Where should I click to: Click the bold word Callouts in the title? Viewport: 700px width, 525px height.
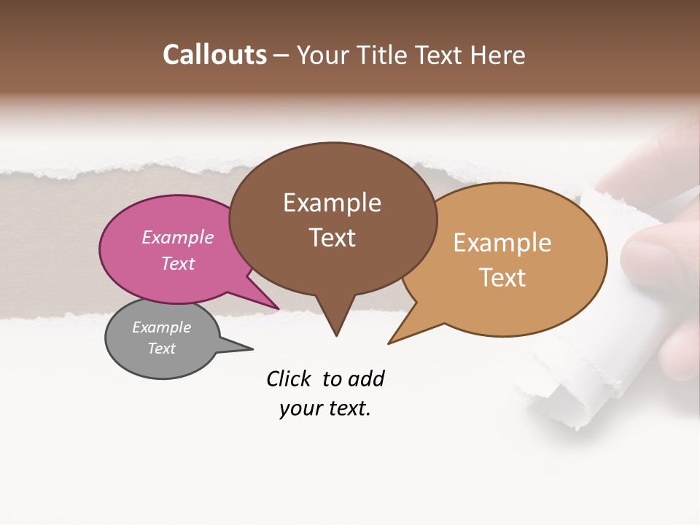(x=214, y=55)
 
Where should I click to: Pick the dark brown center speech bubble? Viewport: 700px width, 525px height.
(x=332, y=219)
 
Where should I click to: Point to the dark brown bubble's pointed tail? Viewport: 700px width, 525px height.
(x=335, y=321)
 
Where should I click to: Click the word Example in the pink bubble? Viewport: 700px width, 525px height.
(x=178, y=237)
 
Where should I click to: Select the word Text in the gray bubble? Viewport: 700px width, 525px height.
(x=162, y=349)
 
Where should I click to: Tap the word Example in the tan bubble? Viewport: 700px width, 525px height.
(x=502, y=243)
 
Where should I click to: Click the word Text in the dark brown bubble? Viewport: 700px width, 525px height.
(x=332, y=238)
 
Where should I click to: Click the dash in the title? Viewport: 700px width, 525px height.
(x=281, y=55)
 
